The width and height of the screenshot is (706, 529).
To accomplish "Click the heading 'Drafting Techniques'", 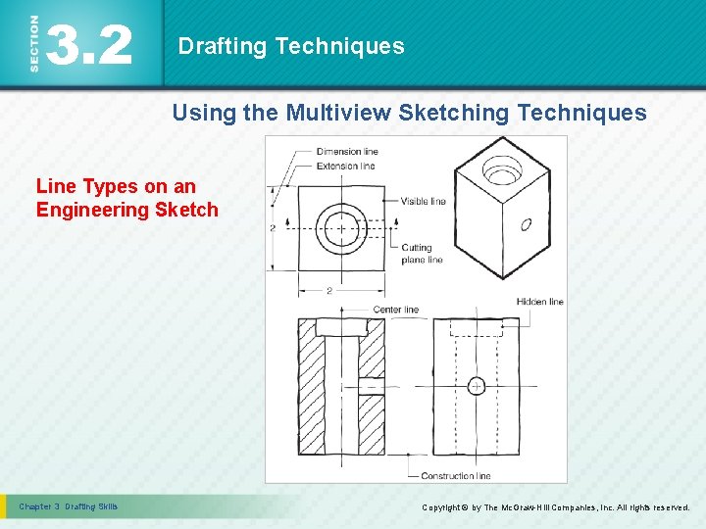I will [290, 46].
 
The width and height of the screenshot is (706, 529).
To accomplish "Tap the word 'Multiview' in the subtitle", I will [337, 113].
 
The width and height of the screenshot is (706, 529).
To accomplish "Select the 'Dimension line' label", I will [347, 151].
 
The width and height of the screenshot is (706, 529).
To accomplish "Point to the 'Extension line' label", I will [346, 166].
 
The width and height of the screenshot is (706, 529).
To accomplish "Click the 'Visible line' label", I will [423, 202].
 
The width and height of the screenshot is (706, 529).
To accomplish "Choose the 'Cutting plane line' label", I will [422, 254].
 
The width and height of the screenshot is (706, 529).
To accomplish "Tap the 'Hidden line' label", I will [539, 302].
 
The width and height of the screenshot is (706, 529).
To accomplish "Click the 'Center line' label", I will [395, 310].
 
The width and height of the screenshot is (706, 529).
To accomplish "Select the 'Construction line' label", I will [455, 476].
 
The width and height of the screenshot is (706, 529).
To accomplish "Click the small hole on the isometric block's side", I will [526, 224].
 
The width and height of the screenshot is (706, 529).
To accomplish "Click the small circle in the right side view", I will [476, 385].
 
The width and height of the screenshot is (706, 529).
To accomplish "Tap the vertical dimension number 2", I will [272, 227].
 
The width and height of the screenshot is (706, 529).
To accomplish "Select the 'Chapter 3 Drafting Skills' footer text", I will [69, 506].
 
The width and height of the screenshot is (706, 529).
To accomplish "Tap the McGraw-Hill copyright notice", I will [555, 507].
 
